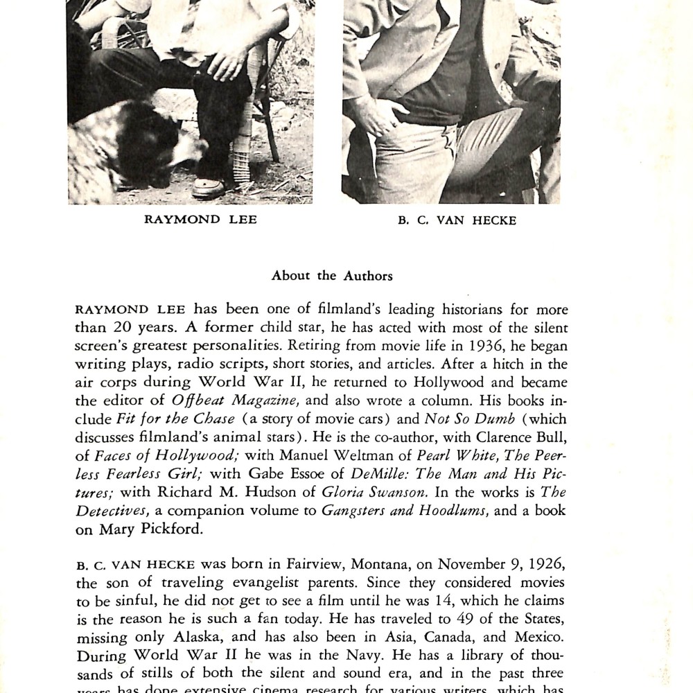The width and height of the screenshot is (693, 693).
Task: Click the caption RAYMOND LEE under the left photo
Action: pyautogui.click(x=190, y=220)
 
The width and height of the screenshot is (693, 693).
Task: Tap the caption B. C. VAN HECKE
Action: pyautogui.click(x=457, y=222)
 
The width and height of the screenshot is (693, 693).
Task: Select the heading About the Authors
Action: pyautogui.click(x=332, y=276)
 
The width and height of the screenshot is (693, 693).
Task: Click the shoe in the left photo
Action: pyautogui.click(x=209, y=186)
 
